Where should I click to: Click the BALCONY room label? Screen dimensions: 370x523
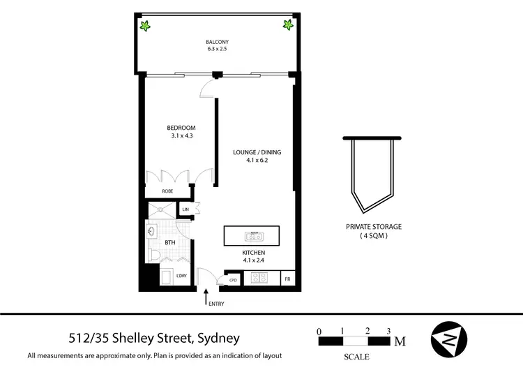tap(216, 41)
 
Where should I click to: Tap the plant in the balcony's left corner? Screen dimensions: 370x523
tap(146, 27)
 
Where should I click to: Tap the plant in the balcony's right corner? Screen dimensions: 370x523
tap(287, 26)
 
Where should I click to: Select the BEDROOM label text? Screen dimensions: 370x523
tap(181, 128)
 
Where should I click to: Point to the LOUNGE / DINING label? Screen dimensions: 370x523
tap(257, 151)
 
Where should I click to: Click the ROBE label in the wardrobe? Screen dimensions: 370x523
tap(167, 191)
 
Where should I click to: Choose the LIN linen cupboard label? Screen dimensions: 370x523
tap(185, 209)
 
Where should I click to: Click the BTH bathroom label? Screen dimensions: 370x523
tap(169, 243)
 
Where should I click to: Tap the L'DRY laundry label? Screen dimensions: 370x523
tap(181, 276)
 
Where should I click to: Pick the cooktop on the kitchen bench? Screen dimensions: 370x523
tap(260, 278)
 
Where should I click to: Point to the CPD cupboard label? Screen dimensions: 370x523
tap(233, 280)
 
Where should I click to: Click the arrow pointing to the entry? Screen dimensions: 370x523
tap(206, 299)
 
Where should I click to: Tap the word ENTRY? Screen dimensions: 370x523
tap(216, 304)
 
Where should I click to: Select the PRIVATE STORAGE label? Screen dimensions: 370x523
tap(374, 227)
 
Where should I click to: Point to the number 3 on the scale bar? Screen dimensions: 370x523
tap(388, 330)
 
